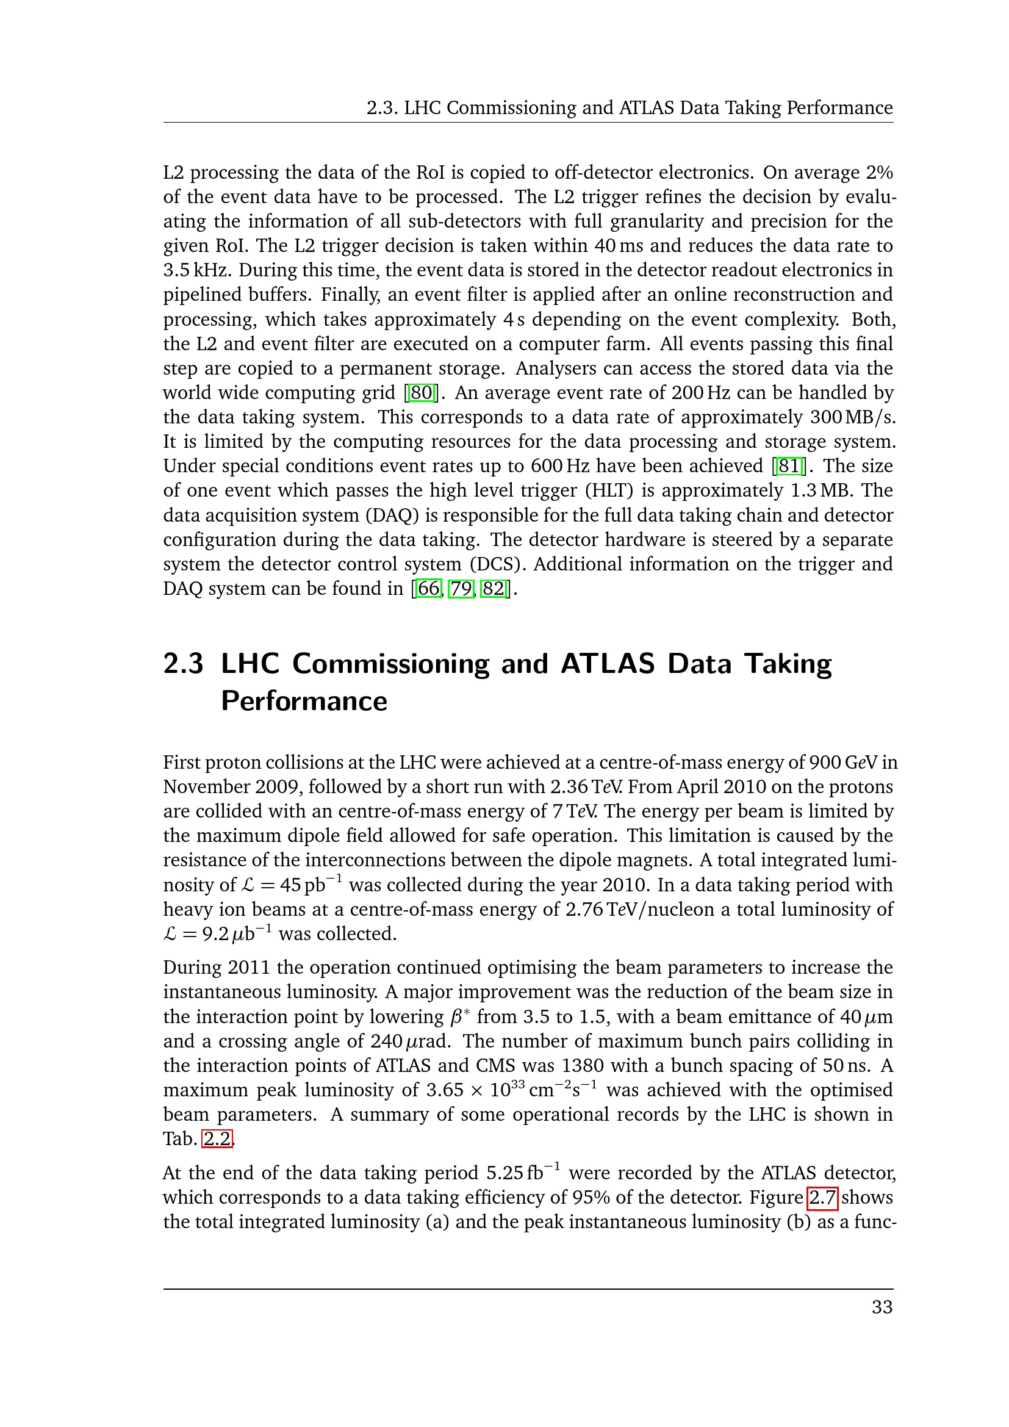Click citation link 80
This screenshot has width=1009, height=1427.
pos(421,393)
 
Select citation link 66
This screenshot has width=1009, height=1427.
pos(428,589)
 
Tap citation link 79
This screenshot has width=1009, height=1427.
pos(461,589)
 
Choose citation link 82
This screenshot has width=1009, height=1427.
pos(494,589)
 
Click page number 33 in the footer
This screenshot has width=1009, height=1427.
pos(882,1307)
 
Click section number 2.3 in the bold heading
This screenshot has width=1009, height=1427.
pos(183,664)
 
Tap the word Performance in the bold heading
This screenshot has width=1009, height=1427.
pos(304,701)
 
